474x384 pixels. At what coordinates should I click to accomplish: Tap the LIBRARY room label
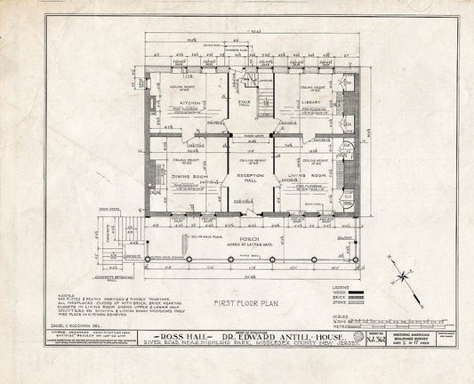(310, 102)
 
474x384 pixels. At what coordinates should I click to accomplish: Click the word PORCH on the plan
(248, 238)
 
